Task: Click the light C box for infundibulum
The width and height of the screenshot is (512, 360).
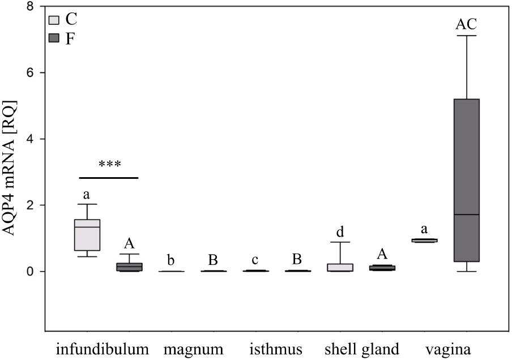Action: (87, 235)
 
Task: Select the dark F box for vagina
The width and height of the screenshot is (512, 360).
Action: (467, 180)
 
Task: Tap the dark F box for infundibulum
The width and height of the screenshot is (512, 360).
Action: (129, 267)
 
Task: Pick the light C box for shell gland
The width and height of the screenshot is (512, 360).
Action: (340, 268)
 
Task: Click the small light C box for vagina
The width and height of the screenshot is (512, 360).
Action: (424, 241)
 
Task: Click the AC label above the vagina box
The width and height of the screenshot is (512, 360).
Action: (466, 24)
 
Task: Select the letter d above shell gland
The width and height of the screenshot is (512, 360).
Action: (340, 232)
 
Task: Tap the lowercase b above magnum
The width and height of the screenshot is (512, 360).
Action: (171, 260)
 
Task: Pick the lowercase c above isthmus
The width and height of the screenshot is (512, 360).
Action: (255, 260)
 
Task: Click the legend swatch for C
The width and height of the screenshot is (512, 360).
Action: (54, 20)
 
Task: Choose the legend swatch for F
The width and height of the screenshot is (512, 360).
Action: (54, 38)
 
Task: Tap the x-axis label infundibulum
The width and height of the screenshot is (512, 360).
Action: (102, 349)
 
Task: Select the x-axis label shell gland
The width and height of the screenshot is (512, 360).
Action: (361, 349)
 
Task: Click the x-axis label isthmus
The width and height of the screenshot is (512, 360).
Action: (276, 349)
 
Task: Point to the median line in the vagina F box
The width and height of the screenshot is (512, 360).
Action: (467, 215)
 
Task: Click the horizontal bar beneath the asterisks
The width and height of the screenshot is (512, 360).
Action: (109, 178)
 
